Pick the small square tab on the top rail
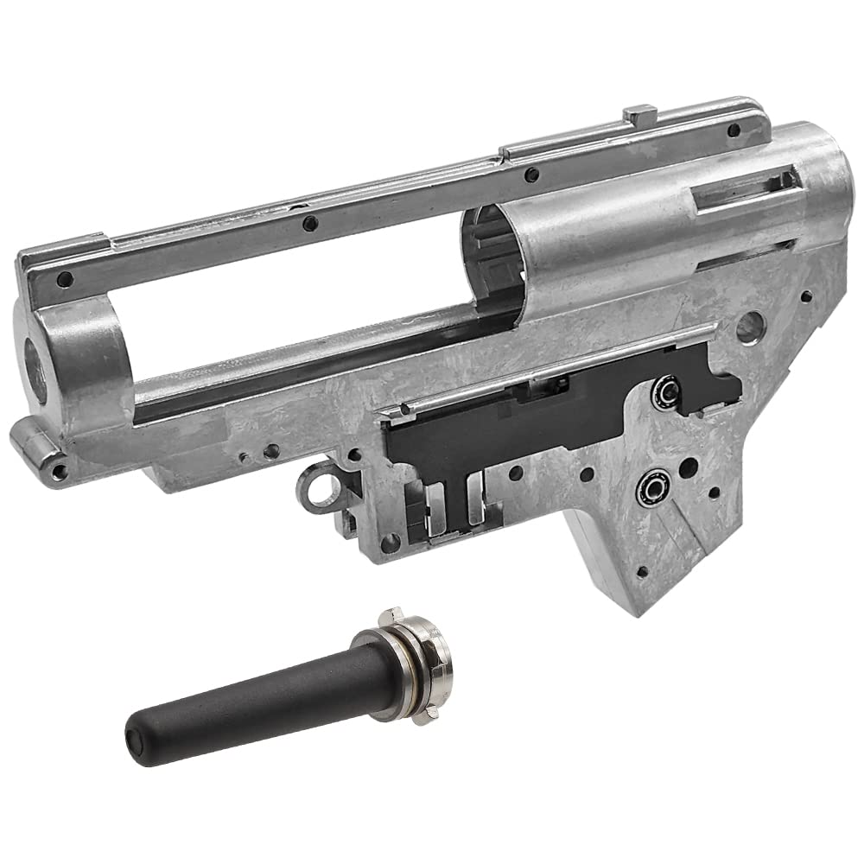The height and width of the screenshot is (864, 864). pyautogui.click(x=640, y=113)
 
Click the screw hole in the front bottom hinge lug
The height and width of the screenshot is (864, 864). pyautogui.click(x=59, y=471)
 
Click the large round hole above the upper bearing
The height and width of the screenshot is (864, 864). pyautogui.click(x=750, y=326)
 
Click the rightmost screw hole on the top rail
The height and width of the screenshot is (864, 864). pyautogui.click(x=734, y=130)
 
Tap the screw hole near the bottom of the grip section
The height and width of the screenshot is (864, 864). pyautogui.click(x=642, y=572)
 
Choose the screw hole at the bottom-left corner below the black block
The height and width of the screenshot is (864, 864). pyautogui.click(x=390, y=542)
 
